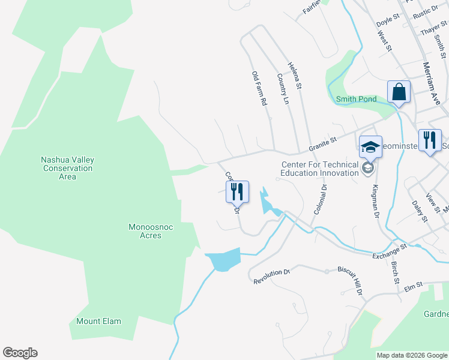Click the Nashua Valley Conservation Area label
pos(67,168)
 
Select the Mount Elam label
pos(98,321)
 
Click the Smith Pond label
pos(356,99)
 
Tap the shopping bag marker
pos(399,93)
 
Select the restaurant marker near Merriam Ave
pos(429,141)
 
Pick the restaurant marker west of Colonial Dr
pos(237,192)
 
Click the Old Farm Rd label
pos(259,89)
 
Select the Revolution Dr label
pos(271,277)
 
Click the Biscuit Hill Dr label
pos(350,280)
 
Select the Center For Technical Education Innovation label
pos(319,169)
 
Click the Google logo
pos(20,353)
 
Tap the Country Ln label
pos(282,88)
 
